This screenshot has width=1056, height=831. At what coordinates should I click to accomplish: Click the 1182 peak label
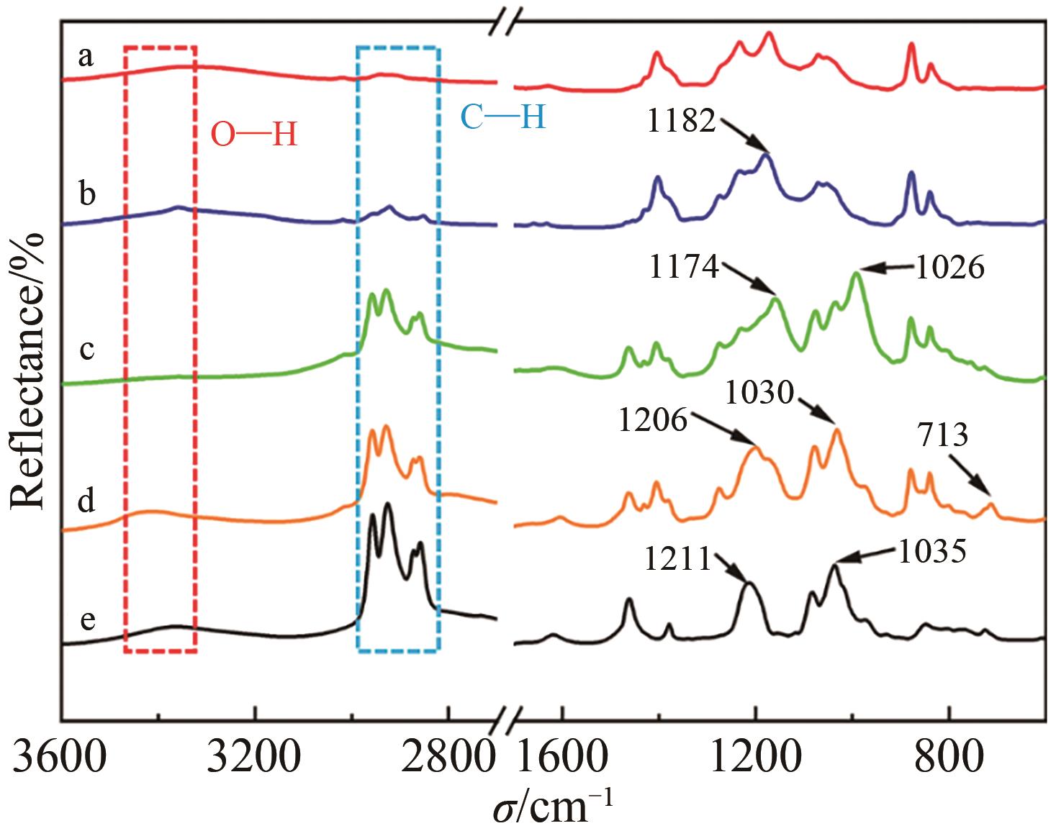(681, 122)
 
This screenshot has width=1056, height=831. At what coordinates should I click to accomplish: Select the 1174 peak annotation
(684, 268)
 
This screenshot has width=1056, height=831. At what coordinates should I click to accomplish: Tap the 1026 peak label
(949, 268)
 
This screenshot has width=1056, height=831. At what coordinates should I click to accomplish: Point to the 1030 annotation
(759, 394)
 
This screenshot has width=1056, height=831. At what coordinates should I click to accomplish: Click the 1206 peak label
(653, 419)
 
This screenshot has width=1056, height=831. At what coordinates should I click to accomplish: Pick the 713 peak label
(943, 435)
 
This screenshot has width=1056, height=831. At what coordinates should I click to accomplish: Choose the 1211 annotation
(677, 559)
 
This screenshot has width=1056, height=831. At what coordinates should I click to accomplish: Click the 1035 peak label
(931, 552)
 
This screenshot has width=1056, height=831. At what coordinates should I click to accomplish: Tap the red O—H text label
(253, 135)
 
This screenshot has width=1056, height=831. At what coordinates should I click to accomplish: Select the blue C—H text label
(502, 117)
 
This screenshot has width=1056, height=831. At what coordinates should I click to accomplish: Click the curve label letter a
(86, 56)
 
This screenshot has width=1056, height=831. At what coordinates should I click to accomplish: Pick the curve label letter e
(87, 619)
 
